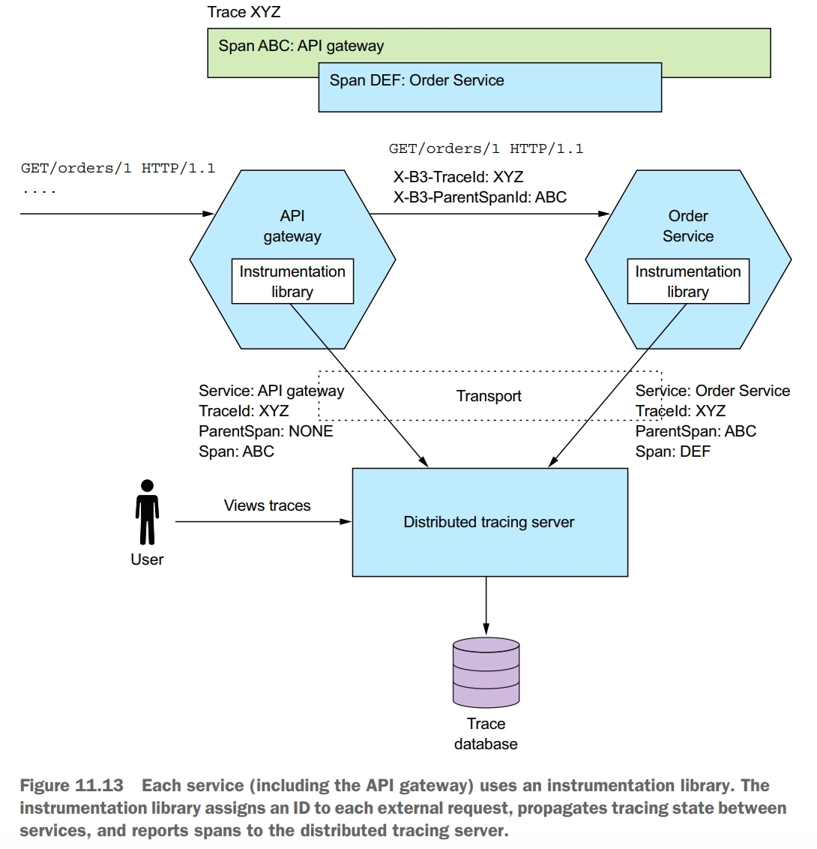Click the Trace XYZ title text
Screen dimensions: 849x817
pyautogui.click(x=244, y=12)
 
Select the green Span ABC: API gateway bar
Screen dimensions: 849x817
pyautogui.click(x=488, y=46)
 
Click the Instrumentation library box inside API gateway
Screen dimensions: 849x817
pyautogui.click(x=292, y=281)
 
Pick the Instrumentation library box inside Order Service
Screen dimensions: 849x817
pyautogui.click(x=688, y=281)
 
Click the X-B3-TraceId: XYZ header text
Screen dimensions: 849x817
pyautogui.click(x=458, y=178)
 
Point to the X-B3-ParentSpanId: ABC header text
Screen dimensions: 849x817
pyautogui.click(x=480, y=198)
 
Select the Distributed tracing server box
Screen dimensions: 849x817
pyautogui.click(x=489, y=522)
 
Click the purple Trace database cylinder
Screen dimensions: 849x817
pyautogui.click(x=486, y=673)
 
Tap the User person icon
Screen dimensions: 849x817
pyautogui.click(x=147, y=512)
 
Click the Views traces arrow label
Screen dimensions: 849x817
pyautogui.click(x=267, y=505)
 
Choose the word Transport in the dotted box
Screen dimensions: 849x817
pyautogui.click(x=489, y=396)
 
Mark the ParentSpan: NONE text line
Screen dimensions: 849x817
pyautogui.click(x=265, y=431)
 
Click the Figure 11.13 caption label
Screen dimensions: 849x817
pyautogui.click(x=70, y=786)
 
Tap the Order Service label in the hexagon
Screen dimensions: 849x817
pyautogui.click(x=687, y=226)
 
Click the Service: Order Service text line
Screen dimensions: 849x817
pyautogui.click(x=712, y=391)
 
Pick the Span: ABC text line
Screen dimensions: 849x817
pyautogui.click(x=236, y=451)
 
